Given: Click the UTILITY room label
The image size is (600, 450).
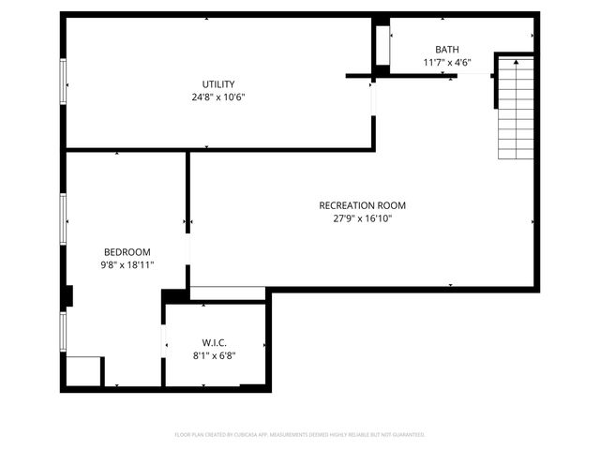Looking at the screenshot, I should pos(218,83).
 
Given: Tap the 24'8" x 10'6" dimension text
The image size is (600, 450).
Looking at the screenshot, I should pos(218,97).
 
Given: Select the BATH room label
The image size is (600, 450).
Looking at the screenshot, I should pos(447,50).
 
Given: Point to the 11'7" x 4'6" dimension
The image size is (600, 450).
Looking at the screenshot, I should pos(447,63).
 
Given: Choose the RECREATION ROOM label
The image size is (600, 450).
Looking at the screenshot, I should pos(362,205).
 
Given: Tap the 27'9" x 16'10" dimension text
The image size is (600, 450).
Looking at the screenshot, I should pos(362,218).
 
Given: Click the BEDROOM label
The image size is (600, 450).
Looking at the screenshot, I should pos(127,252).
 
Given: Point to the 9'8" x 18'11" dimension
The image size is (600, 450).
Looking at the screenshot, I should pos(127,265).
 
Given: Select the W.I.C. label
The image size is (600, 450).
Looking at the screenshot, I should pos(215,342).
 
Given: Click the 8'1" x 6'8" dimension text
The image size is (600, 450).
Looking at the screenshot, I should pos(215,355).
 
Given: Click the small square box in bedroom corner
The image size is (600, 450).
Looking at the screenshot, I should pos(83,370).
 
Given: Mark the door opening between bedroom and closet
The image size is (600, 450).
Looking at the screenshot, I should pos(164,338).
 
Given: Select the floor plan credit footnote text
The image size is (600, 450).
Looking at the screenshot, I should pos(300,435).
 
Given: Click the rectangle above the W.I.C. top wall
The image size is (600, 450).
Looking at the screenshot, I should pos(228,293).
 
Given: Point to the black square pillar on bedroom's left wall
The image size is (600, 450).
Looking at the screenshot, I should pos(67,296).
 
